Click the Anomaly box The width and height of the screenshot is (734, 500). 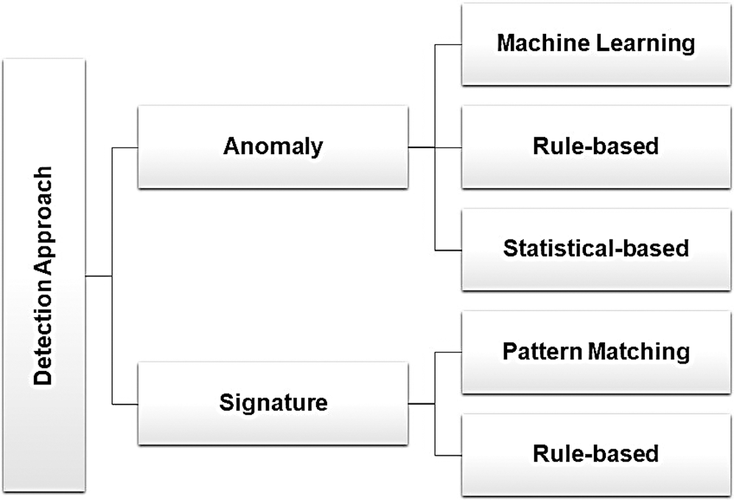tap(273, 147)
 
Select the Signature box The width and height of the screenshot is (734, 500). tap(273, 403)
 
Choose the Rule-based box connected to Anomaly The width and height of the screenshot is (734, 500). tap(596, 147)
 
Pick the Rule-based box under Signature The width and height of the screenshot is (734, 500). tap(596, 454)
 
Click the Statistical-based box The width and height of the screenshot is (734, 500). tap(596, 249)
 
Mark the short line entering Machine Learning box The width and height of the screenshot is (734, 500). tap(449, 45)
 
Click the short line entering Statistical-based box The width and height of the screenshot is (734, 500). tap(449, 250)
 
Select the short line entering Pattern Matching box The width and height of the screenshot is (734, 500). tap(449, 353)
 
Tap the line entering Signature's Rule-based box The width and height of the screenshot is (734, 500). tap(449, 455)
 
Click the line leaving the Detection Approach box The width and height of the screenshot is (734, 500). tap(99, 276)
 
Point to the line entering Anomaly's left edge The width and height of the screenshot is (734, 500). tap(125, 147)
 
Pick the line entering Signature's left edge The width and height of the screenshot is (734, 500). tap(125, 404)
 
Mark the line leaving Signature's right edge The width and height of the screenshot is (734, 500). tap(422, 403)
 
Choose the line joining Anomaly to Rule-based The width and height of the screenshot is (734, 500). tap(435, 147)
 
